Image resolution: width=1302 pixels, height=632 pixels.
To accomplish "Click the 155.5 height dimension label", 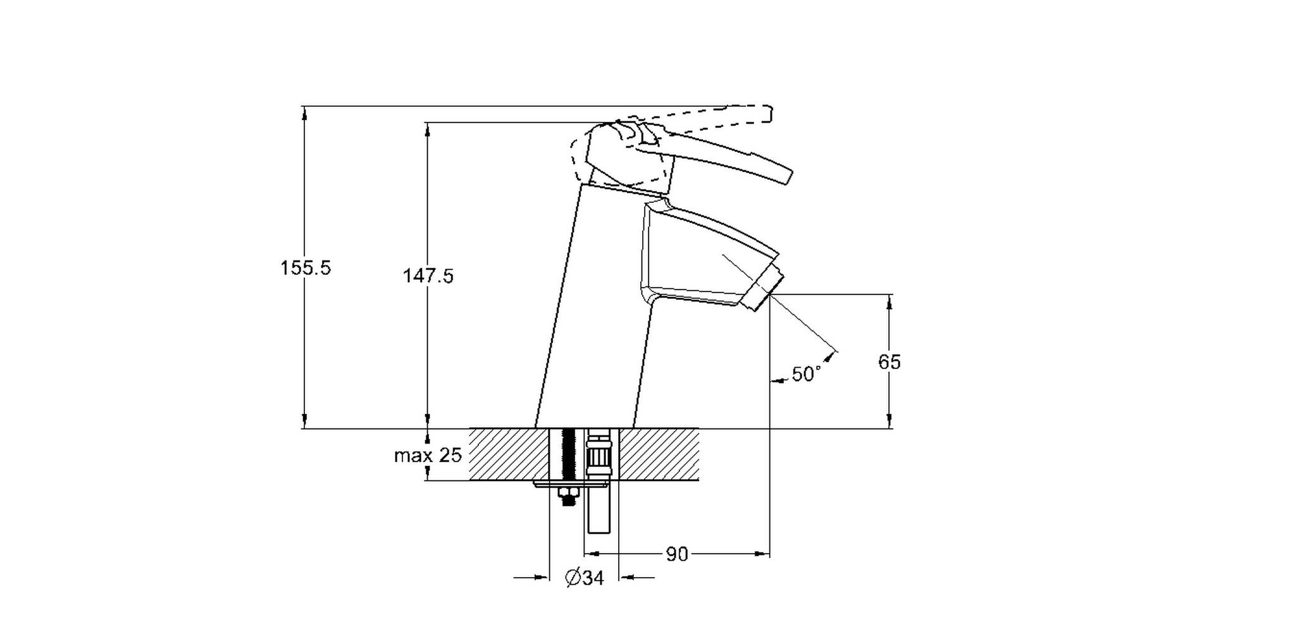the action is [306, 268].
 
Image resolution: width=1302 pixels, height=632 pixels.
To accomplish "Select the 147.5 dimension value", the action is [428, 276].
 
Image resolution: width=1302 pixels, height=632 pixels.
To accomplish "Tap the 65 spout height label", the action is [889, 362].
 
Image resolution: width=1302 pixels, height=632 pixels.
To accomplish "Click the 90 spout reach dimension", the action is [676, 554].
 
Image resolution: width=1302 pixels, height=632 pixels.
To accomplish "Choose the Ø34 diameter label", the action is [584, 578].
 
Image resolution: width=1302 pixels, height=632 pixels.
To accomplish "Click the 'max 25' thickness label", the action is [428, 455].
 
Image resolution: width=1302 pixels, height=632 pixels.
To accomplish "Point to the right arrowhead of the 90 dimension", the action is [762, 554].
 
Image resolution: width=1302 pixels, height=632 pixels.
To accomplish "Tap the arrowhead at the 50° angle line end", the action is [830, 357].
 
